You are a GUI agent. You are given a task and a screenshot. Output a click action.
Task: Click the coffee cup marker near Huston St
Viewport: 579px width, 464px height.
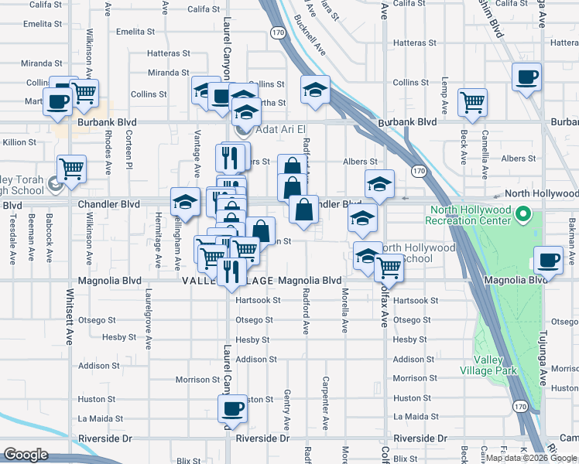pyautogui.click(x=234, y=408)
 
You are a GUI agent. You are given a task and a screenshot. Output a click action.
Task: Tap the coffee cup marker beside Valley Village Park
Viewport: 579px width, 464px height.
pyautogui.click(x=550, y=260)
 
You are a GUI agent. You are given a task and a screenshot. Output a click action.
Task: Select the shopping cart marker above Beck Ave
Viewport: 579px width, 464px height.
pyautogui.click(x=472, y=101)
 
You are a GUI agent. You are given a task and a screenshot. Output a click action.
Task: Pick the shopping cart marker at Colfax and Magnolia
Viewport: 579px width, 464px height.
pyautogui.click(x=389, y=268)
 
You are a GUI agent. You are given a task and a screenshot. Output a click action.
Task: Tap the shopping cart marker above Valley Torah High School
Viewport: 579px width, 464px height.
pyautogui.click(x=71, y=168)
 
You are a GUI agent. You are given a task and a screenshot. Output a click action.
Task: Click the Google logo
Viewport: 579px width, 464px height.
pyautogui.click(x=26, y=455)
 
